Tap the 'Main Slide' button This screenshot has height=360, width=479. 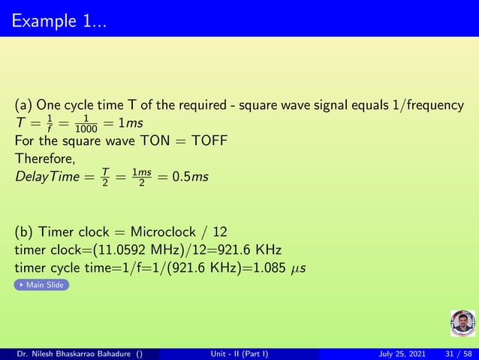pos(42,285)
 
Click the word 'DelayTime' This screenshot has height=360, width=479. pos(43,177)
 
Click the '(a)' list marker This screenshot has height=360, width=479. pos(23,104)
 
